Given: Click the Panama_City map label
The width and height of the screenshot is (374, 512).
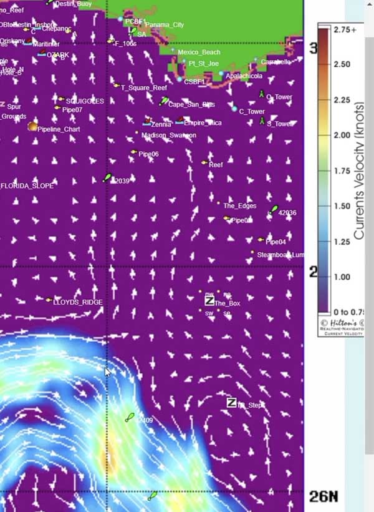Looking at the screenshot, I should click(x=165, y=25).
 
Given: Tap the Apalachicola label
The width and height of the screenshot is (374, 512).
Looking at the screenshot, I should click(x=244, y=76).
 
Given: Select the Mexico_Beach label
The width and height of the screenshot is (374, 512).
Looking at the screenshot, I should click(x=199, y=52).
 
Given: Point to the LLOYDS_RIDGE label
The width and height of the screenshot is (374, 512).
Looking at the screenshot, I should click(x=78, y=302).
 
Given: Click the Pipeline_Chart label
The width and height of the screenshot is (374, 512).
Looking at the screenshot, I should click(x=59, y=129).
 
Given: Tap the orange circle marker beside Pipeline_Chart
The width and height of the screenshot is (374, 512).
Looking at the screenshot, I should click(x=32, y=127).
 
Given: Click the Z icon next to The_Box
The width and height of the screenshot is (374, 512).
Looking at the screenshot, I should click(x=209, y=301).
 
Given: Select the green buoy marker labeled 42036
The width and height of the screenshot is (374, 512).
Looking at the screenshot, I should click(x=274, y=209).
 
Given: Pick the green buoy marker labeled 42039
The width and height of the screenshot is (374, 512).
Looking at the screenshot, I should click(x=108, y=178).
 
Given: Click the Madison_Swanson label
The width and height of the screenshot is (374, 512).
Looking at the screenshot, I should click(x=168, y=135).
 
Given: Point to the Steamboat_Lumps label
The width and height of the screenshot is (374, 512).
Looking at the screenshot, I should click(x=280, y=255).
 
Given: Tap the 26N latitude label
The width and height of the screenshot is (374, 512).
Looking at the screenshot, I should click(x=324, y=496).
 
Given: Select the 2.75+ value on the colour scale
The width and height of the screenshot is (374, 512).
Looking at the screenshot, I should click(x=345, y=29).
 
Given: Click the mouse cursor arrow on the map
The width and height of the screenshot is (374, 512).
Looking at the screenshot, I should click(x=107, y=371).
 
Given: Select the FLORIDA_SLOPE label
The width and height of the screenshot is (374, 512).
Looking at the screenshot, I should click(x=27, y=186).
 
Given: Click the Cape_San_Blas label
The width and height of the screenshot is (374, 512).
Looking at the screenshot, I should click(x=191, y=105).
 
